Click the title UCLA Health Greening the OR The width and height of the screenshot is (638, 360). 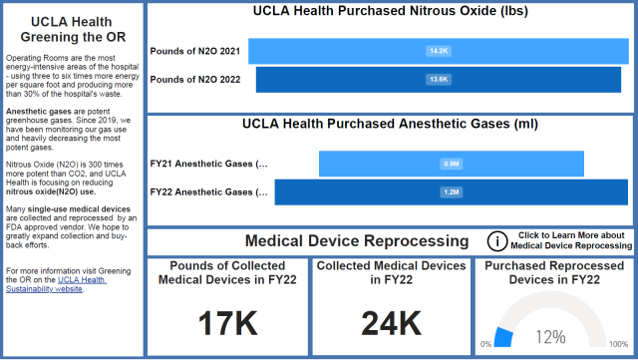click(x=73, y=29)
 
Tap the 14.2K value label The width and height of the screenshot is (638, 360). click(x=439, y=50)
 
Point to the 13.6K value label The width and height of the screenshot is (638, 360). click(x=439, y=78)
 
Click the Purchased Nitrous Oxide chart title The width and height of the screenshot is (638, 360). click(x=390, y=12)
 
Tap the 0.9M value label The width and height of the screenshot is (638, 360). click(x=451, y=164)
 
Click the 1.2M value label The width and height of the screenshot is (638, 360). click(x=451, y=191)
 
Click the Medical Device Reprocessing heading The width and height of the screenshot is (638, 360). click(x=356, y=240)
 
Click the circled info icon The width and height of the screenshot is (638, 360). click(x=496, y=240)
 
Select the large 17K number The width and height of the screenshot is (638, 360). click(x=228, y=322)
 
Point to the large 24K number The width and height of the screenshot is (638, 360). click(x=391, y=322)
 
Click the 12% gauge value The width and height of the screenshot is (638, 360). click(x=551, y=336)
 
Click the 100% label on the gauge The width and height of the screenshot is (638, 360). click(x=618, y=344)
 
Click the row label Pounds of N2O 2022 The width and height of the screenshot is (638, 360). click(x=194, y=78)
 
